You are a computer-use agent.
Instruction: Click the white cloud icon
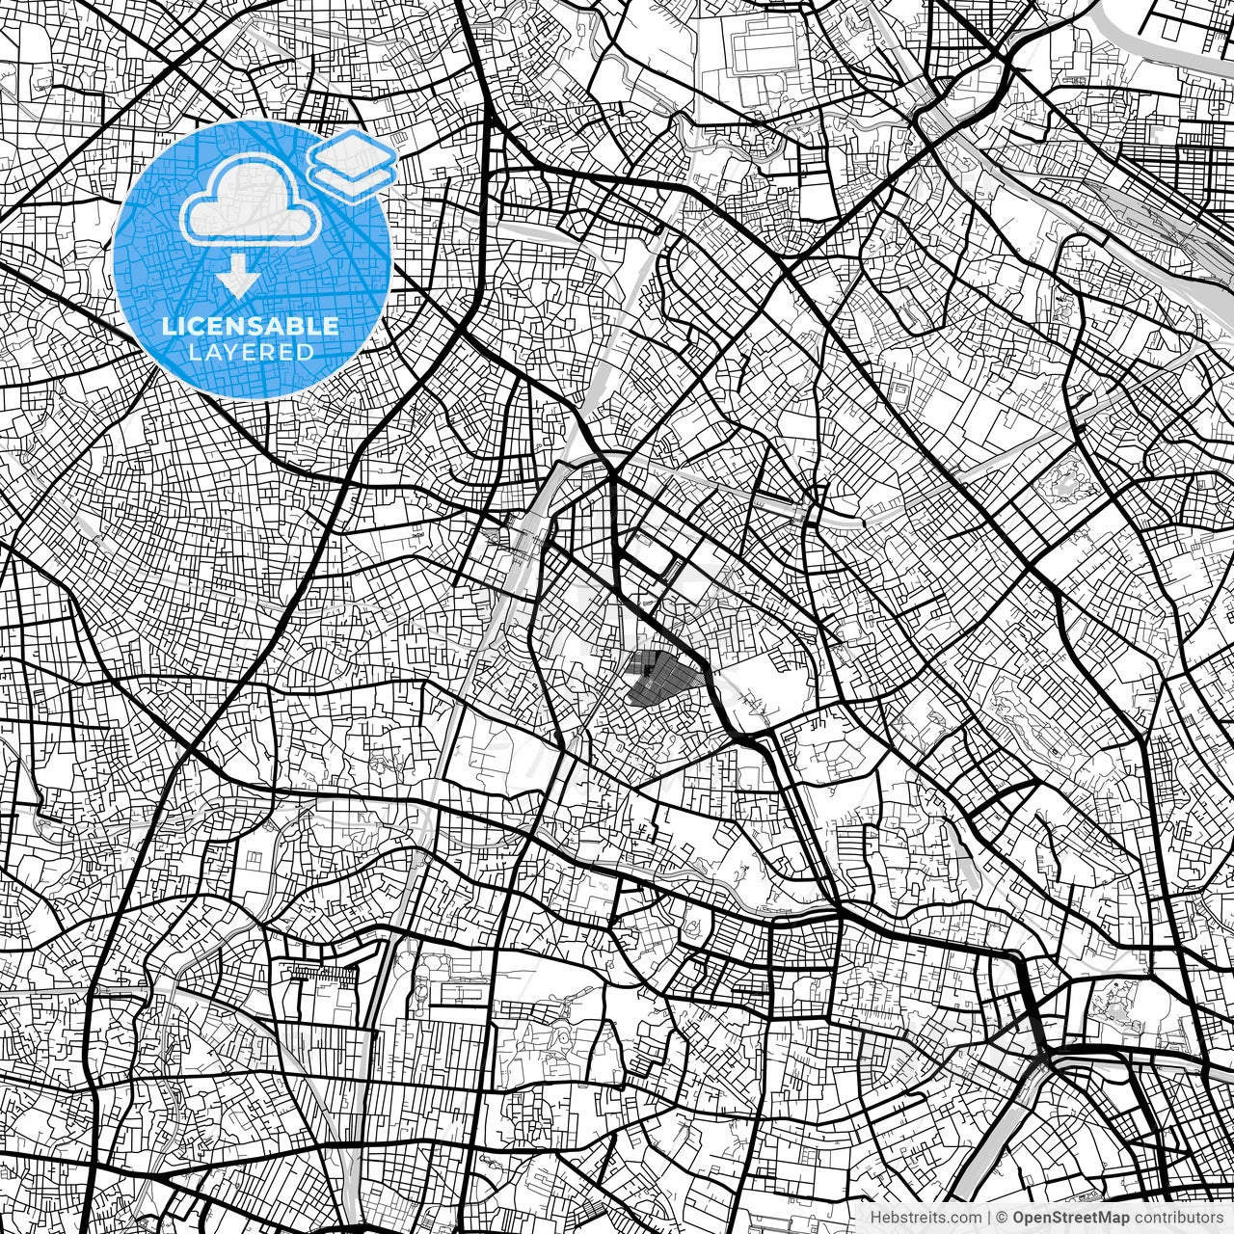[x=252, y=201]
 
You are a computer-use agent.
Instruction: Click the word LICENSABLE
[x=251, y=326]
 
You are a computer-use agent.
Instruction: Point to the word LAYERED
[x=251, y=353]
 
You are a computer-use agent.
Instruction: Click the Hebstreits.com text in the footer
[x=926, y=1218]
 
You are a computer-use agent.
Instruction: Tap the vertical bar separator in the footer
[x=988, y=1218]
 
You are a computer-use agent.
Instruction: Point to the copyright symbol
[x=1003, y=1218]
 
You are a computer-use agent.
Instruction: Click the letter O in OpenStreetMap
[x=1019, y=1218]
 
